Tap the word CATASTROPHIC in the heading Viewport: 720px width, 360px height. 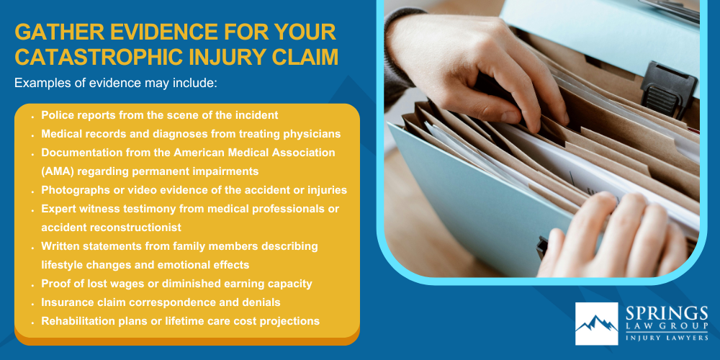tap(94, 58)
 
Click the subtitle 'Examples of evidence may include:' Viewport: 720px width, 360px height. tap(115, 84)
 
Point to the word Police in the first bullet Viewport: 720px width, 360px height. tap(55, 115)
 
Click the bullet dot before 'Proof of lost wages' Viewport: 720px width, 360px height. tap(34, 284)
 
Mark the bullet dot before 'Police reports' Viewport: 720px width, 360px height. tap(34, 115)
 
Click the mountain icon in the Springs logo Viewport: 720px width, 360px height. tap(596, 325)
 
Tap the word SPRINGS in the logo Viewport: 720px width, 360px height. tap(666, 314)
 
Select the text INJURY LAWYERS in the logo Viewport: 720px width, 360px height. tap(666, 336)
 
